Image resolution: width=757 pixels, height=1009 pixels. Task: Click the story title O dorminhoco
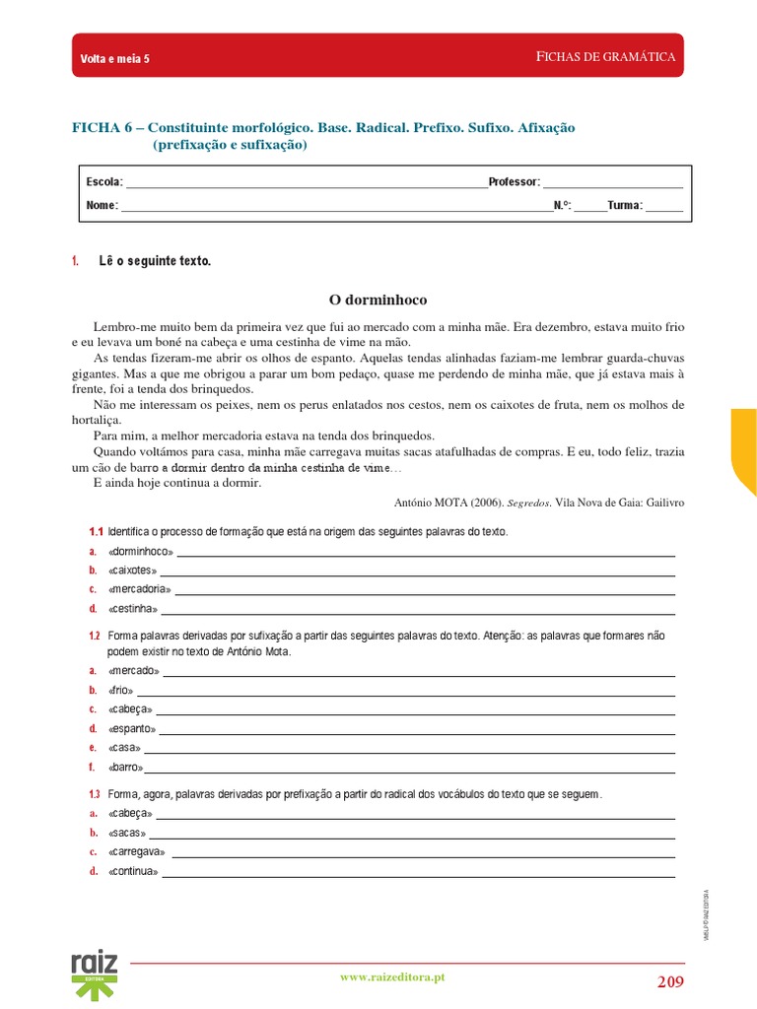[x=378, y=299]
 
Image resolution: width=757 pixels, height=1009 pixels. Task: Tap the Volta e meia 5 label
[x=114, y=59]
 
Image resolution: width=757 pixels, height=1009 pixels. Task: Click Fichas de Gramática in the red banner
[x=605, y=57]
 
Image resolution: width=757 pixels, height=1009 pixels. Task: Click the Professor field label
[x=514, y=182]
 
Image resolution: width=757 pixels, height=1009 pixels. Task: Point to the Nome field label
[x=103, y=206]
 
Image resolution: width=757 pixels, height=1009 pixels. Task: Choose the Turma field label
[x=625, y=206]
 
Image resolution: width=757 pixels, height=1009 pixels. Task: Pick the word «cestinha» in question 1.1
[x=133, y=609]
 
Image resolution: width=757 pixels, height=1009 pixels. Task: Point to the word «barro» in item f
[x=125, y=768]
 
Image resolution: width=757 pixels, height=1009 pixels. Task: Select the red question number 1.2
[x=95, y=637]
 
